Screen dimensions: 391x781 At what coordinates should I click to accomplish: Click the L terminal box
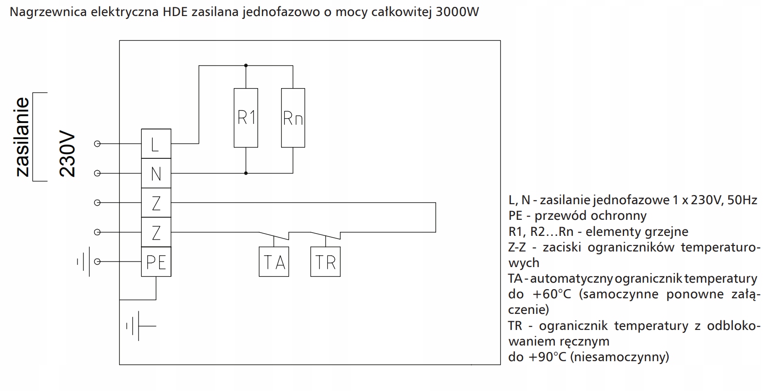pos(156,144)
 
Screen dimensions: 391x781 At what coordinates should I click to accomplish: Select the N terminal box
pos(156,173)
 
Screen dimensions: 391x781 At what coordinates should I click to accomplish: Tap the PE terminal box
pos(156,262)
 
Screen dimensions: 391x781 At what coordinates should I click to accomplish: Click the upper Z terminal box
pos(156,202)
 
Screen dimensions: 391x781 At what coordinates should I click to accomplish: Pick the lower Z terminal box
pos(156,232)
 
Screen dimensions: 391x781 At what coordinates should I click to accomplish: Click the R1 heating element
pos(246,118)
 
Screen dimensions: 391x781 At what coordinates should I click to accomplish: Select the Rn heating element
pos(293,118)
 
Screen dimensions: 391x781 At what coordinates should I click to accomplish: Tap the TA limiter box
pos(274,262)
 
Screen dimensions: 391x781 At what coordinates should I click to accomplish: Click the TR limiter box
pos(326,262)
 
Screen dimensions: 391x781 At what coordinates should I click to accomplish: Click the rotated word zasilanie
pos(22,137)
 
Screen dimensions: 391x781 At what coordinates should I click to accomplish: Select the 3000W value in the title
pos(457,12)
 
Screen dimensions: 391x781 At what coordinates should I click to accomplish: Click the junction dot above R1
pos(246,66)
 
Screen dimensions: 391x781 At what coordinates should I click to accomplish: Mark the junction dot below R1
pos(246,173)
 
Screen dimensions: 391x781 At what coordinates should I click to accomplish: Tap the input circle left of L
pos(97,144)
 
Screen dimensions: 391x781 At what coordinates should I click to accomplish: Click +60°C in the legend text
pos(552,294)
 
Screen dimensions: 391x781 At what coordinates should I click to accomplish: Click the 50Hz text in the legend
pos(742,200)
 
